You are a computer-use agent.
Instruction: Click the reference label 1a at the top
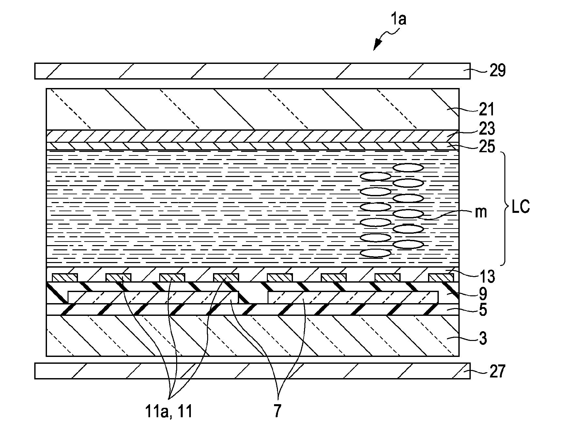pyautogui.click(x=399, y=20)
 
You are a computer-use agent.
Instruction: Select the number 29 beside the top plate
pyautogui.click(x=498, y=70)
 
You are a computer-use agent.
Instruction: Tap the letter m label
pyautogui.click(x=481, y=213)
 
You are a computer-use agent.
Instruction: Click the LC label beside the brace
pyautogui.click(x=521, y=206)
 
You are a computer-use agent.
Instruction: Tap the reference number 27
pyautogui.click(x=497, y=371)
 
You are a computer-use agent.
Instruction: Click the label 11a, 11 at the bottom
pyautogui.click(x=169, y=411)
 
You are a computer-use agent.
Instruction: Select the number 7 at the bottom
pyautogui.click(x=277, y=411)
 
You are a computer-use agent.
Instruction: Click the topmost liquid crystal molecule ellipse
pyautogui.click(x=408, y=168)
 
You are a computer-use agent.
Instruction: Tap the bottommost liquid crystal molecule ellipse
pyautogui.click(x=375, y=253)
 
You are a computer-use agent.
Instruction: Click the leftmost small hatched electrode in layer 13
pyautogui.click(x=65, y=278)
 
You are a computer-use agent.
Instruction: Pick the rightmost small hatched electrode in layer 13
pyautogui.click(x=441, y=278)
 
